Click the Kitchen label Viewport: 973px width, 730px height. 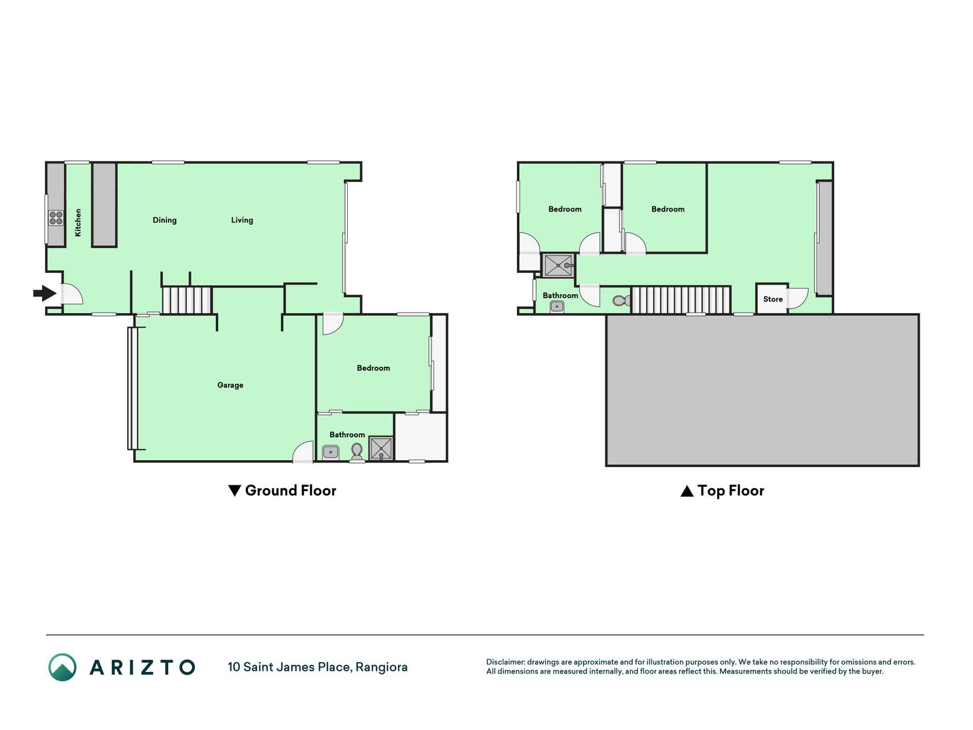tap(78, 222)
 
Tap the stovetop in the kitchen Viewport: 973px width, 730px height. tap(56, 218)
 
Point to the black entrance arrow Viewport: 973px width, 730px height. tap(44, 294)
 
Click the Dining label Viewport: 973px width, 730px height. tap(165, 220)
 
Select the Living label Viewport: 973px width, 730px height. tap(242, 220)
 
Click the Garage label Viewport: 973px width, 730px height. tap(230, 385)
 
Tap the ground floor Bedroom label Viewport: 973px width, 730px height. tap(373, 368)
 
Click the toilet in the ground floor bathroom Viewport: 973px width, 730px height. tap(357, 451)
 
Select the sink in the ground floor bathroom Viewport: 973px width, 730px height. tap(331, 453)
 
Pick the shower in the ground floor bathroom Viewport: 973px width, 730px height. tap(381, 448)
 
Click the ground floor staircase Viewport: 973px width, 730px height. tap(187, 300)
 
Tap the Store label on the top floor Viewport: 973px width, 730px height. tap(773, 299)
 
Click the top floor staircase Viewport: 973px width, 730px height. tap(681, 300)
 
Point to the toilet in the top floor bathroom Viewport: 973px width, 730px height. tap(622, 301)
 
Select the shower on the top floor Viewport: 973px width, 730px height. tap(558, 266)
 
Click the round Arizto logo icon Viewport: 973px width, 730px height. tap(62, 667)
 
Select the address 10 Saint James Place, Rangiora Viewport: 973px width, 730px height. tap(317, 667)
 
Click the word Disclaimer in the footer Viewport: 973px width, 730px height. tap(506, 662)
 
